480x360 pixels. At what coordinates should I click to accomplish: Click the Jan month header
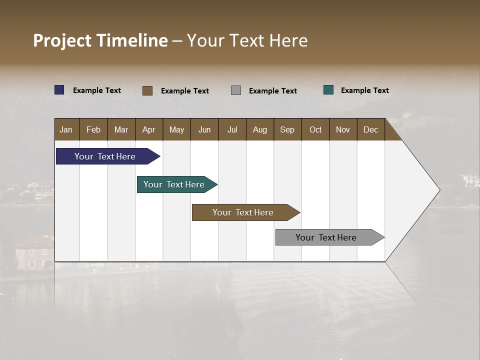point(66,129)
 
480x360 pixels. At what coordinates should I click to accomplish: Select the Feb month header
point(93,129)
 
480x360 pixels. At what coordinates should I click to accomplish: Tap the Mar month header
point(121,129)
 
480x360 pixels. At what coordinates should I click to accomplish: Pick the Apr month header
point(149,129)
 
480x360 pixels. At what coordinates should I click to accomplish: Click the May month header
point(176,129)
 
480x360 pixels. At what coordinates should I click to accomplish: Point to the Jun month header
point(204,129)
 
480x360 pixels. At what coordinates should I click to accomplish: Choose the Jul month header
point(232,129)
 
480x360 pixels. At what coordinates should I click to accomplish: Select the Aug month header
point(260,129)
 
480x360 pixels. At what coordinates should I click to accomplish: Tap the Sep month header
point(287,129)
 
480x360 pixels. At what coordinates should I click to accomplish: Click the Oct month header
point(315,129)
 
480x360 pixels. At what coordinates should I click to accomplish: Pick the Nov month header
point(343,129)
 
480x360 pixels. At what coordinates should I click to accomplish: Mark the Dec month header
point(371,129)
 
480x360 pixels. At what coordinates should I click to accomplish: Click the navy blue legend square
point(59,90)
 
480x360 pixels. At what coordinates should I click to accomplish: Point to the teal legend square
point(328,90)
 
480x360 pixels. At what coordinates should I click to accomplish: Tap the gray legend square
point(236,90)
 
